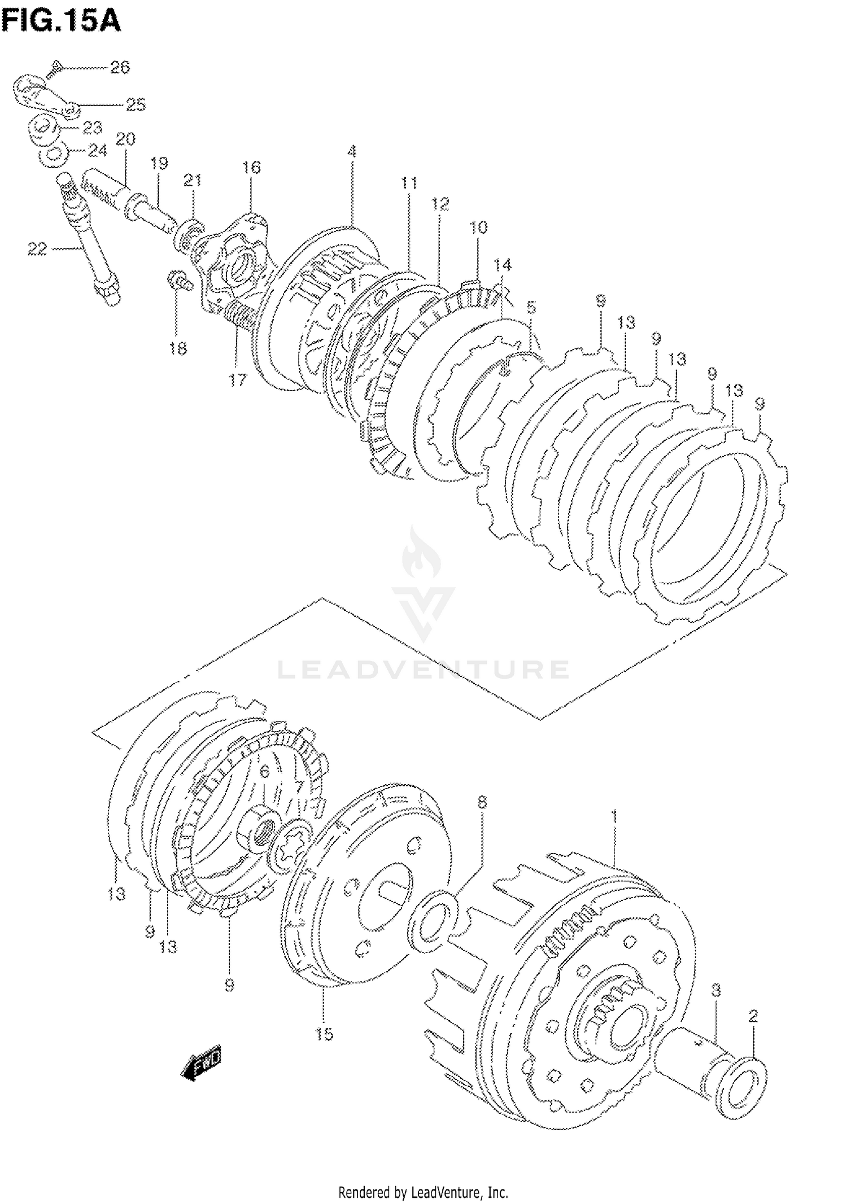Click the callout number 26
(120, 68)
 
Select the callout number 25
(135, 104)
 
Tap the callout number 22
(37, 248)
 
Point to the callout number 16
(251, 167)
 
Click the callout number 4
(351, 151)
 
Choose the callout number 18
(177, 348)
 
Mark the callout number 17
(238, 380)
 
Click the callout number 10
(478, 228)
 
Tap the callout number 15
(324, 1034)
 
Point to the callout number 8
(482, 802)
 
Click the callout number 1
(614, 817)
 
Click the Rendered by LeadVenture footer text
(423, 1192)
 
